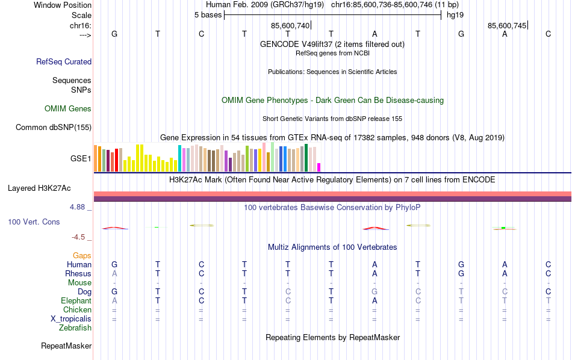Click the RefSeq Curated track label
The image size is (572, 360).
pyautogui.click(x=64, y=61)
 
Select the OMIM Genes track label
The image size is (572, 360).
pyautogui.click(x=68, y=109)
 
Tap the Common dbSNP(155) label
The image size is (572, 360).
pyautogui.click(x=54, y=127)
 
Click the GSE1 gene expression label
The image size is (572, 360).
pyautogui.click(x=81, y=159)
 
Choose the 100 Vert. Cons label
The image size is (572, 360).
pyautogui.click(x=34, y=222)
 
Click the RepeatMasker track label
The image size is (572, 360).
pyautogui.click(x=66, y=346)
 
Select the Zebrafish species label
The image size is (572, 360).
pyautogui.click(x=75, y=328)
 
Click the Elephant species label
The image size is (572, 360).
pyautogui.click(x=76, y=301)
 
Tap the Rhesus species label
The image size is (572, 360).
pyautogui.click(x=78, y=274)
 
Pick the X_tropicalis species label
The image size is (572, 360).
pyautogui.click(x=70, y=319)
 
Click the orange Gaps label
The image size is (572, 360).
pyautogui.click(x=82, y=256)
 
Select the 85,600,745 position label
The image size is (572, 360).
pyautogui.click(x=507, y=25)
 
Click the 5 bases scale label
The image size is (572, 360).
pyautogui.click(x=208, y=15)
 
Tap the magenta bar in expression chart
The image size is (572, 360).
pyautogui.click(x=319, y=167)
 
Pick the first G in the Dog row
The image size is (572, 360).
pyautogui.click(x=114, y=292)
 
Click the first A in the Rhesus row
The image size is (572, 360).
pyautogui.click(x=114, y=274)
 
